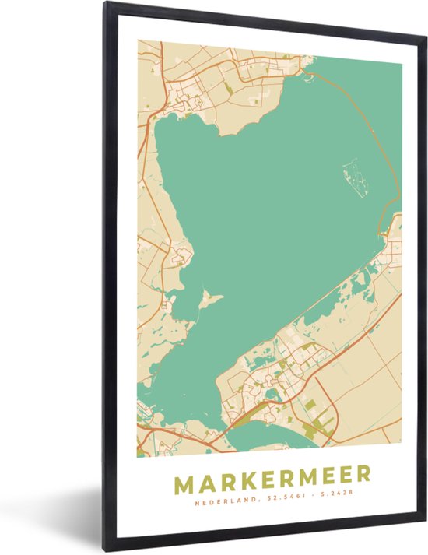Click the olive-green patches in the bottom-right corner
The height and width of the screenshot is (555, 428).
click(323, 424)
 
